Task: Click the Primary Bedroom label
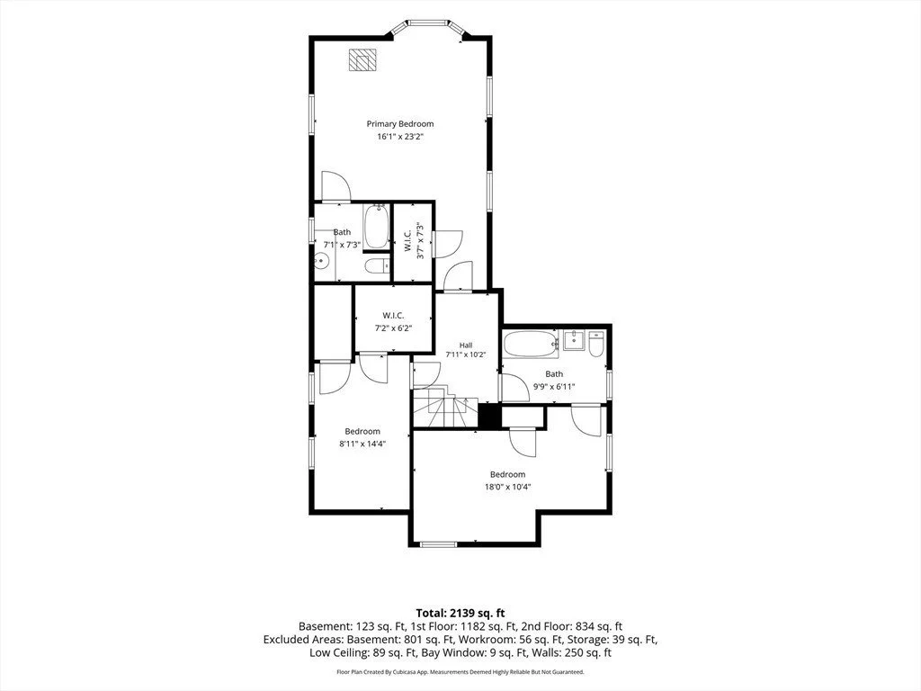coord(400,124)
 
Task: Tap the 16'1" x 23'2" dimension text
coord(400,137)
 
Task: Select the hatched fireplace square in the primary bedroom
coord(362,60)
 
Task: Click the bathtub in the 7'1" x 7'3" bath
coord(376,227)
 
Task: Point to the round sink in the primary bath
coord(321,260)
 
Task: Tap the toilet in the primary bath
coord(377,266)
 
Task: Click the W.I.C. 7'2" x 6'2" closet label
coord(394,322)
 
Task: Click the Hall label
coord(466,345)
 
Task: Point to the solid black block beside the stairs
coord(489,416)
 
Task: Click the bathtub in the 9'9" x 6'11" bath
coord(531,345)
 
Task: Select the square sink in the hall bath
coord(574,341)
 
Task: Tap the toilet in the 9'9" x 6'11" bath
coord(596,345)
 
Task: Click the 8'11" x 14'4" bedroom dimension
coord(362,444)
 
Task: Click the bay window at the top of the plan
coord(427,25)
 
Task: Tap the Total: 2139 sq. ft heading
coord(460,614)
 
